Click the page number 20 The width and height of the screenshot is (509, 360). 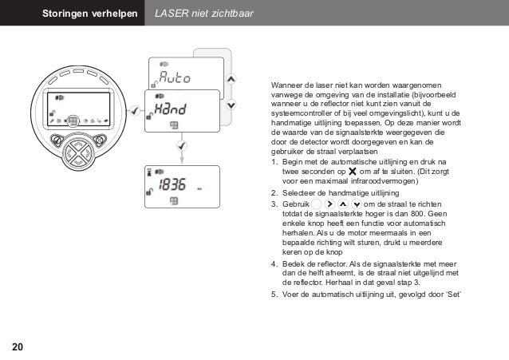(x=17, y=346)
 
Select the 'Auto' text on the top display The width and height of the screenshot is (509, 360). (x=175, y=78)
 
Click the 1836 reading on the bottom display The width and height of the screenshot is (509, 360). (x=172, y=185)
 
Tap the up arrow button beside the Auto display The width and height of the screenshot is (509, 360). (x=231, y=79)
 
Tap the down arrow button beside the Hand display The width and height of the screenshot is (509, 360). (x=231, y=105)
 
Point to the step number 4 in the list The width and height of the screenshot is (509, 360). (x=274, y=263)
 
